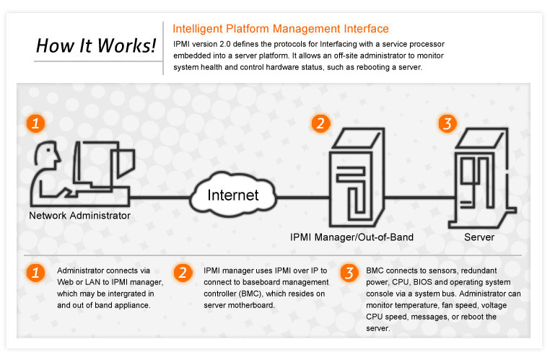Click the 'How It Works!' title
point(96,47)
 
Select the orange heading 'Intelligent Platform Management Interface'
point(281,29)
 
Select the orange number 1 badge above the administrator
point(34,123)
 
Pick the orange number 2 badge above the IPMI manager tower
point(320,123)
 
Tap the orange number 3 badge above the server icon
point(448,123)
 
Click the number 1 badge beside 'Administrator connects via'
point(34,273)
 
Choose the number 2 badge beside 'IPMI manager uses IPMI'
point(184,273)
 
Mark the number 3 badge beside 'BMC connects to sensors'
point(349,273)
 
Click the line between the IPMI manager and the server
point(419,196)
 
